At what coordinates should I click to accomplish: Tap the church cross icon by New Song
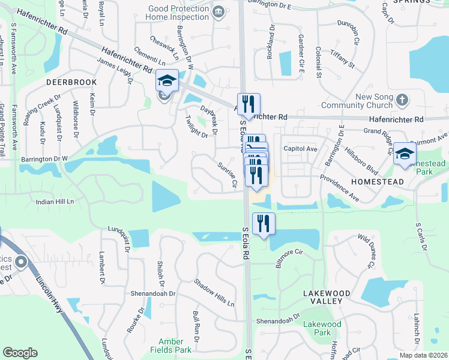pyautogui.click(x=402, y=99)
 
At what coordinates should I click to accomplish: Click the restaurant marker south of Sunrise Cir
pyautogui.click(x=264, y=223)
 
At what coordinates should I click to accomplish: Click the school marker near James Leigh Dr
pyautogui.click(x=166, y=80)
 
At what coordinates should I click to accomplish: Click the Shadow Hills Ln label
pyautogui.click(x=214, y=293)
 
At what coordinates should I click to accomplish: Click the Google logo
pyautogui.click(x=20, y=353)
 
